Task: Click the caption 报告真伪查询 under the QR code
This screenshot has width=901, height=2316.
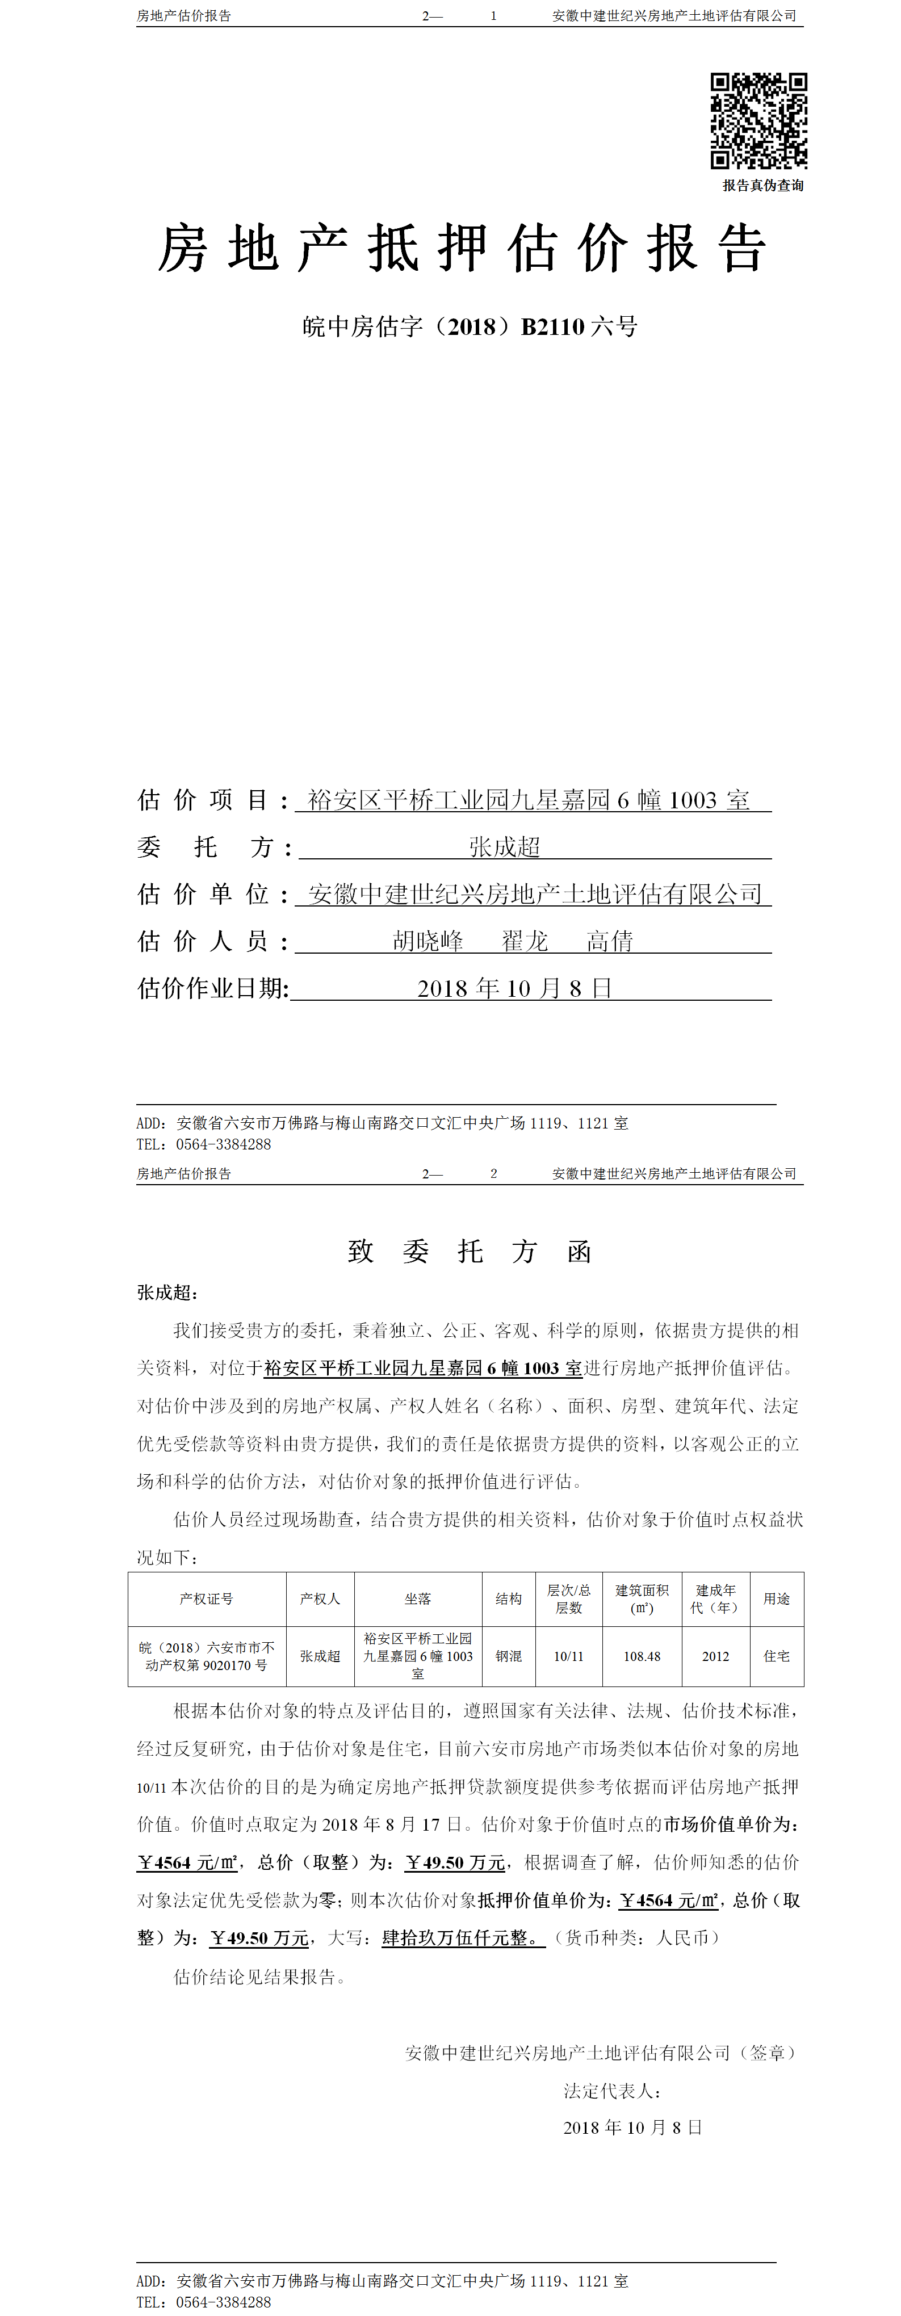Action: [762, 185]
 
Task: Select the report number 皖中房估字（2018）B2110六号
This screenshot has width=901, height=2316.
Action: [470, 326]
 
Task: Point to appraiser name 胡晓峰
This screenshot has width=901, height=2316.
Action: [428, 941]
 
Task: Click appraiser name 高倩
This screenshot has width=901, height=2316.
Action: [610, 941]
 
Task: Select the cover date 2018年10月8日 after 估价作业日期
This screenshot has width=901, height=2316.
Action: [514, 988]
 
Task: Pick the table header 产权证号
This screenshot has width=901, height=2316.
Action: [207, 1598]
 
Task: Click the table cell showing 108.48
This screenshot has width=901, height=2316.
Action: [642, 1656]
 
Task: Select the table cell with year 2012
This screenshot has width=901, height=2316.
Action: [716, 1656]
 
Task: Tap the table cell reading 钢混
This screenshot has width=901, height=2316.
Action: [509, 1656]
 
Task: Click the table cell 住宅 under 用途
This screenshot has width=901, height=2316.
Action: [777, 1656]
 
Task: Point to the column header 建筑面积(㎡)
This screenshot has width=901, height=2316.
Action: [642, 1598]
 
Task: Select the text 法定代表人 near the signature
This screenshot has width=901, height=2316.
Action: [611, 2090]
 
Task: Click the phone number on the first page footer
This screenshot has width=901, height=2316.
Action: [223, 1144]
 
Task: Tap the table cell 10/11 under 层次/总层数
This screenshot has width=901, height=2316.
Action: [568, 1656]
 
